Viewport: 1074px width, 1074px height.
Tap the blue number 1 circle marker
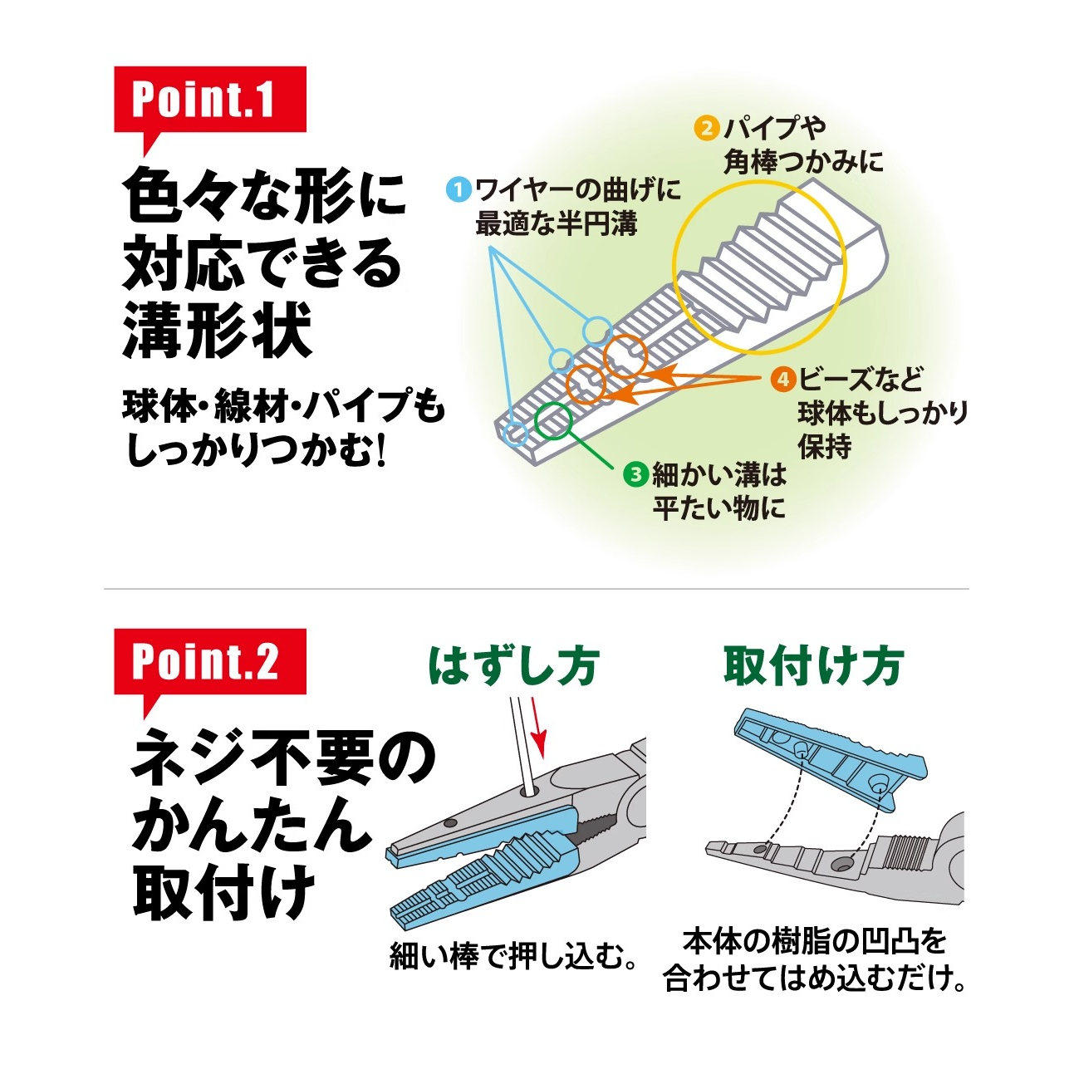coord(459,189)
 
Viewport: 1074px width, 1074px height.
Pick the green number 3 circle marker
coord(635,474)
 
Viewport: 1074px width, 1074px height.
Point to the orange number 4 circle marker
coord(782,380)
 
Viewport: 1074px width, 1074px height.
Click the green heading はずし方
coord(513,666)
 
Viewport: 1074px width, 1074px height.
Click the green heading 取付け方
coord(813,666)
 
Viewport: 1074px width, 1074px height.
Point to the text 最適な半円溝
coord(556,223)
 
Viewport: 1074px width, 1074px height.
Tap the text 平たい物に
coord(718,508)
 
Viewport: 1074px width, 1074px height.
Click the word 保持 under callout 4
coord(825,446)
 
